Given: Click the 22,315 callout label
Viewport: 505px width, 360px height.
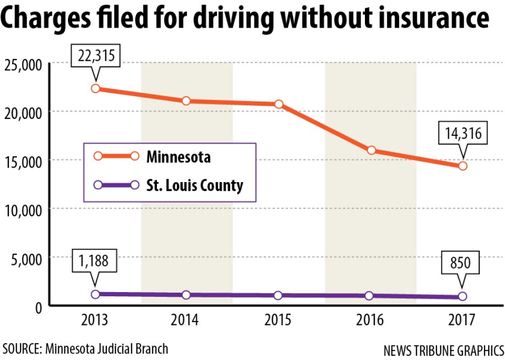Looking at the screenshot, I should [x=96, y=56].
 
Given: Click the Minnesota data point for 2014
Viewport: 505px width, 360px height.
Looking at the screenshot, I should [x=186, y=101].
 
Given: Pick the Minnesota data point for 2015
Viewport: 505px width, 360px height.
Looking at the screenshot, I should [x=279, y=105].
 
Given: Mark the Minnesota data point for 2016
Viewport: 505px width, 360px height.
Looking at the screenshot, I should [x=372, y=150].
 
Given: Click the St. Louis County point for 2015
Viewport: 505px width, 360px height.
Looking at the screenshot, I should [x=279, y=296].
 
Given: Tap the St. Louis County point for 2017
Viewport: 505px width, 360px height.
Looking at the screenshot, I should [x=462, y=296].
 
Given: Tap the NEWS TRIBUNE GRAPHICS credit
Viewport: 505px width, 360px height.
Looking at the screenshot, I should [x=442, y=349].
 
